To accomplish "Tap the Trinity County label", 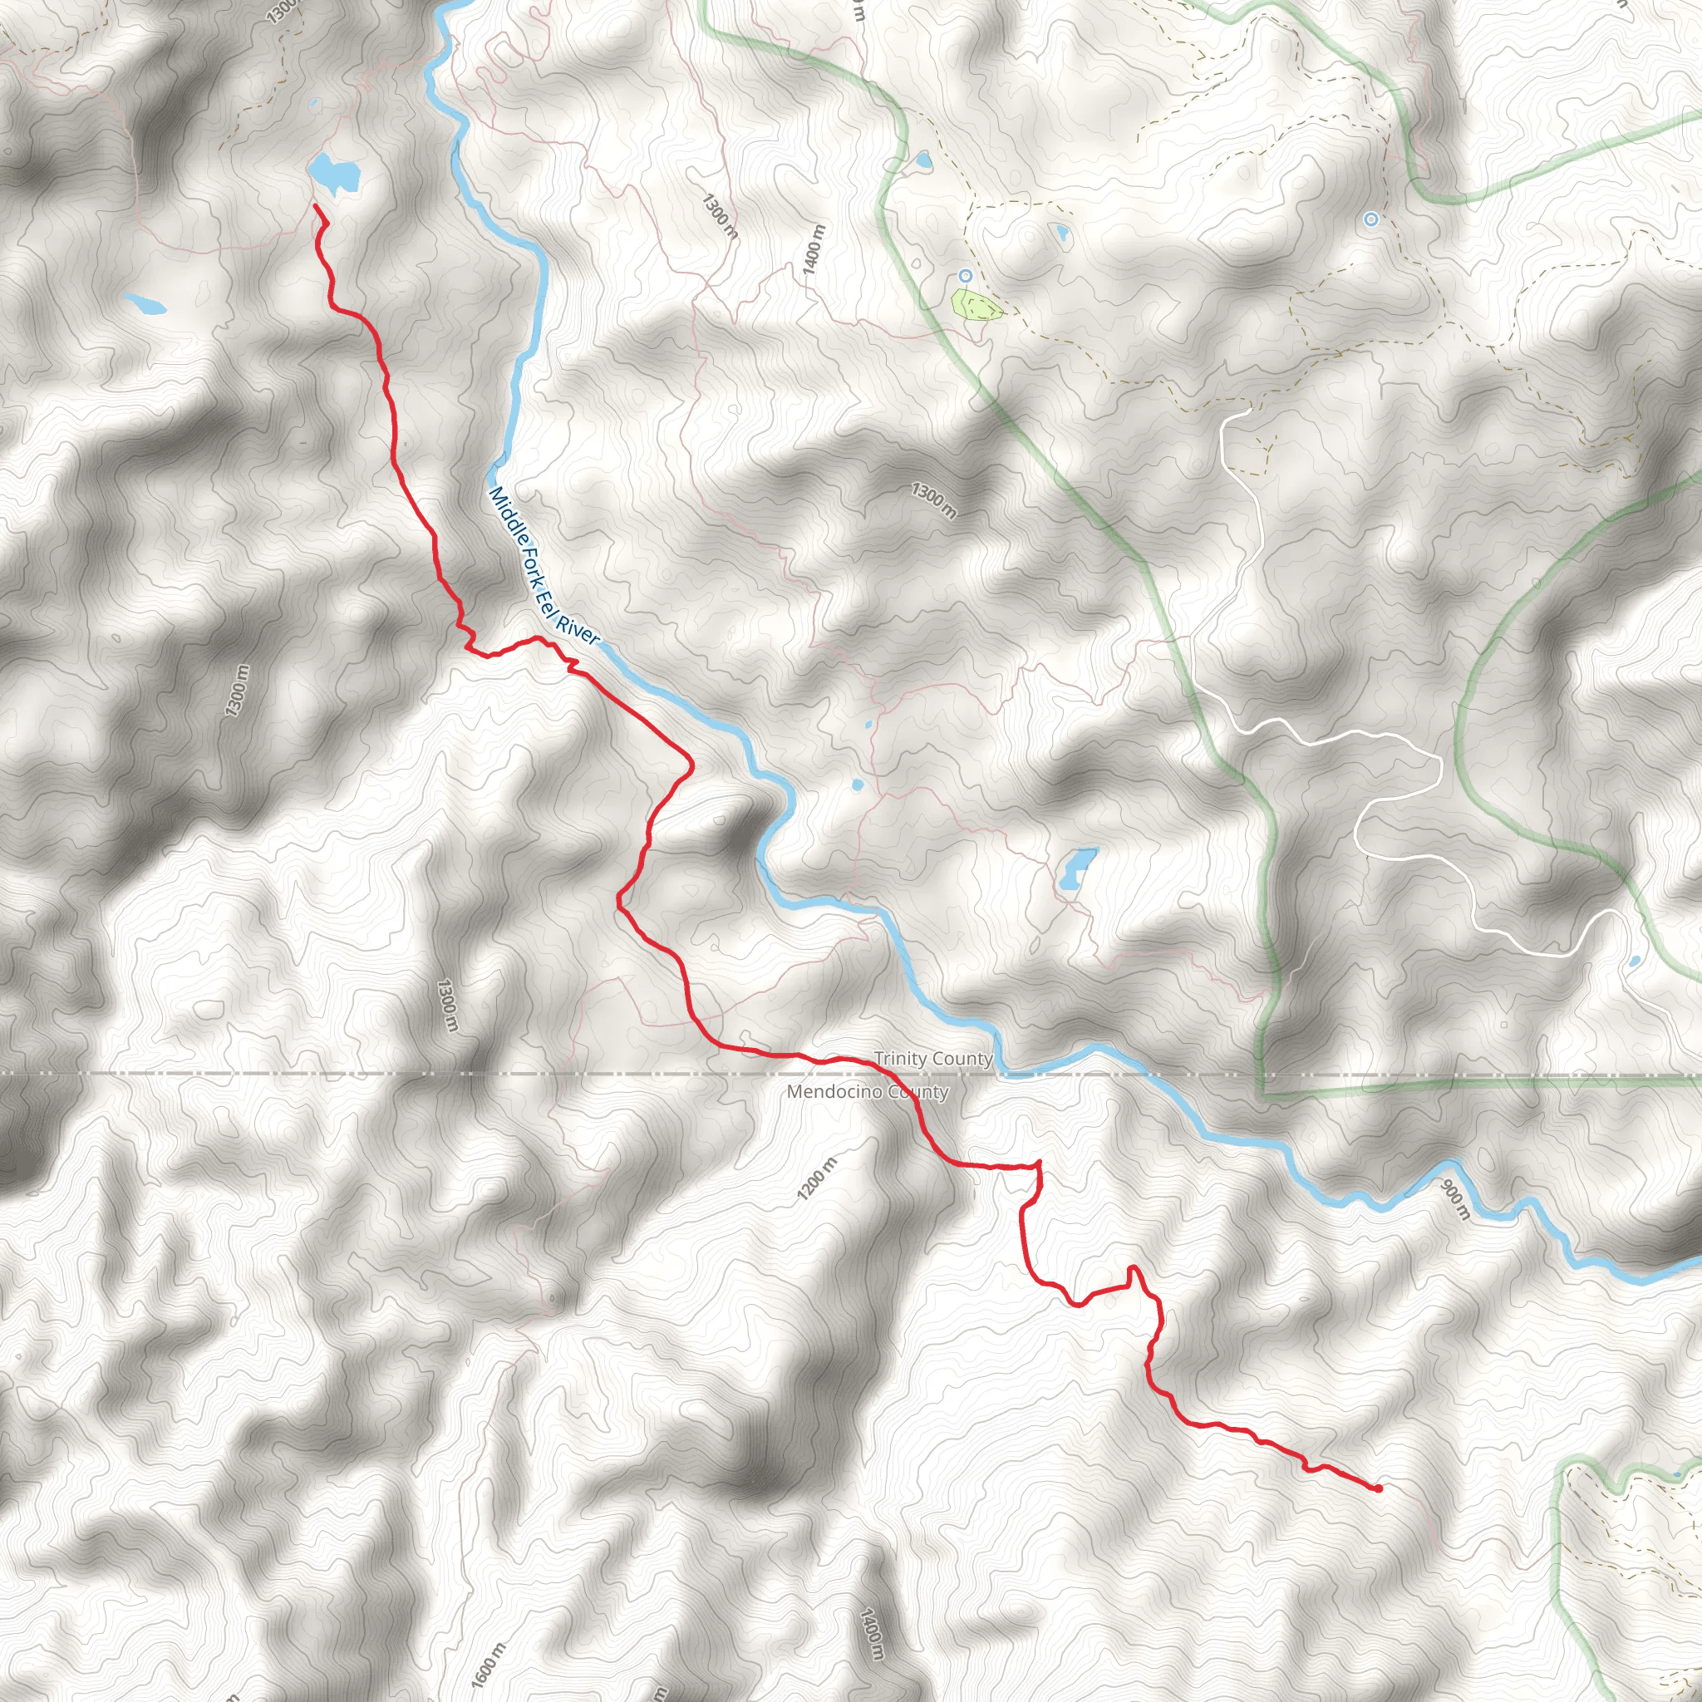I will tap(933, 1059).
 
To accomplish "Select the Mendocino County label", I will tap(868, 1092).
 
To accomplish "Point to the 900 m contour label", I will tap(1455, 1201).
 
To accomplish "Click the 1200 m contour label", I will tap(817, 1178).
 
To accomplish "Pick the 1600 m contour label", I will tap(487, 1664).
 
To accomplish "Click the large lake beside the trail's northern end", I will tap(335, 175).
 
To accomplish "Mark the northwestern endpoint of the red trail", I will tap(315, 206).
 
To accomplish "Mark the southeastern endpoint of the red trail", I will tap(1378, 1488).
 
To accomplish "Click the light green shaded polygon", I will tap(976, 305).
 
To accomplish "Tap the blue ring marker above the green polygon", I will tap(966, 276).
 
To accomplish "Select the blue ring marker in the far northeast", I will tap(1370, 219).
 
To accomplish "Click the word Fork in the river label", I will tap(533, 553).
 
